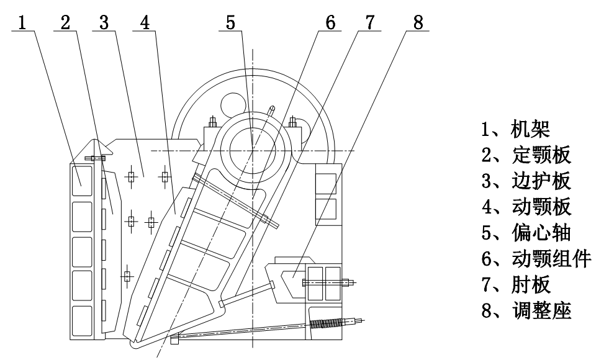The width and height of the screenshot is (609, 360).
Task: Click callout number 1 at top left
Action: click(22, 22)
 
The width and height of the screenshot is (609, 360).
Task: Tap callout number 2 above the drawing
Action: click(65, 22)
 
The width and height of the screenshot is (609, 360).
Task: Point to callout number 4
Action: click(145, 22)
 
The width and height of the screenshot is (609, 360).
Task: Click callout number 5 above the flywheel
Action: click(231, 22)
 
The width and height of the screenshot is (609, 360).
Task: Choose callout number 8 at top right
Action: click(417, 22)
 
